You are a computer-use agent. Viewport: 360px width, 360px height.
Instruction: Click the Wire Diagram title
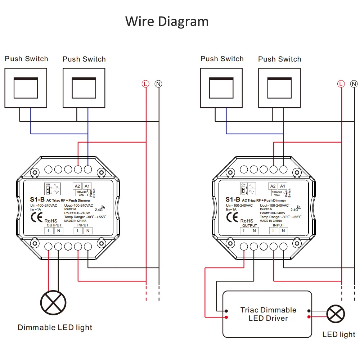pos(167,21)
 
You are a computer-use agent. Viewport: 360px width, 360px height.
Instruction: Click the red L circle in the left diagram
pos(145,84)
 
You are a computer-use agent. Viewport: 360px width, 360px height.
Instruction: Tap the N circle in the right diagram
pos(354,84)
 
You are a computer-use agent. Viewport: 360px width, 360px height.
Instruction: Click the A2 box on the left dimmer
pos(77,186)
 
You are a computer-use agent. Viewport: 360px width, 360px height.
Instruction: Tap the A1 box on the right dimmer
pos(283,186)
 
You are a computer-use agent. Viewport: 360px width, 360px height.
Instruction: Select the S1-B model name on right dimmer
pos(233,199)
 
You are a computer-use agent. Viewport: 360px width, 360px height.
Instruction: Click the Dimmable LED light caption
pos(55,328)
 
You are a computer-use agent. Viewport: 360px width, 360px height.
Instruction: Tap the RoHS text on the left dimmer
pos(50,221)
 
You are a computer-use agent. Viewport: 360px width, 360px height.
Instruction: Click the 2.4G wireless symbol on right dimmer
pos(293,208)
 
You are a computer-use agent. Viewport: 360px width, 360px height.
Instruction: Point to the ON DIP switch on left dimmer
pos(48,188)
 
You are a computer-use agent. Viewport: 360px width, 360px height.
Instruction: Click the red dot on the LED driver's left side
pos(226,317)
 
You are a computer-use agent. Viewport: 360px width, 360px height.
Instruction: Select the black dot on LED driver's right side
pos(309,311)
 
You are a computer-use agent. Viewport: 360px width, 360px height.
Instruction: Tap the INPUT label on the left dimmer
pos(83,225)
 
